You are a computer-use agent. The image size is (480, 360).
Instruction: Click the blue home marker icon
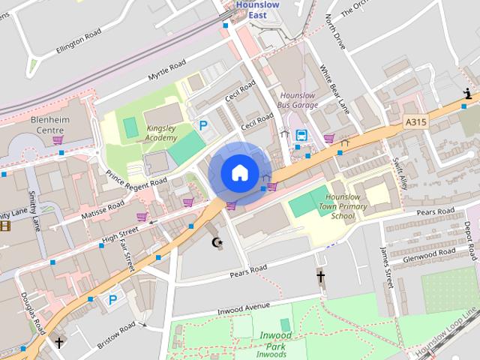238,173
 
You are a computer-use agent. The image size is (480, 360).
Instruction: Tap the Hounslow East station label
257,8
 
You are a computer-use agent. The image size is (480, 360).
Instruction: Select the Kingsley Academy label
161,133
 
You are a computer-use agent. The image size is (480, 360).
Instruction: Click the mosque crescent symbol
218,242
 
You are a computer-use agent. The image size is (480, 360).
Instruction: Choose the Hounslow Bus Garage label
298,100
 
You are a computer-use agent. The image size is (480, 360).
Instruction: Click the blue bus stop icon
301,136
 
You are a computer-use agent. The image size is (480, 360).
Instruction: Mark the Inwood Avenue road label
243,306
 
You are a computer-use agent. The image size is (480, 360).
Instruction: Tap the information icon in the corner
468,94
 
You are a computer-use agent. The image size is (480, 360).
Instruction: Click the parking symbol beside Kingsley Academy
202,126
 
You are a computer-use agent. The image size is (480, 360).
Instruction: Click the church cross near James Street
320,277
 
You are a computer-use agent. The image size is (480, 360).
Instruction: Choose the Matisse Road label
102,212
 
